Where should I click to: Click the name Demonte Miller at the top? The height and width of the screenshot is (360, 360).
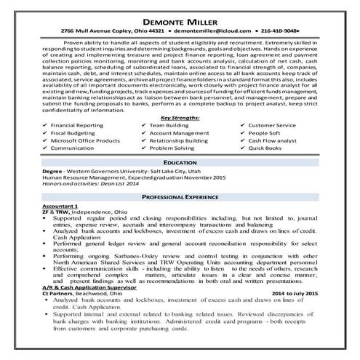[x=180, y=21]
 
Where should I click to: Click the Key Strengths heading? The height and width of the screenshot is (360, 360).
[x=180, y=96]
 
